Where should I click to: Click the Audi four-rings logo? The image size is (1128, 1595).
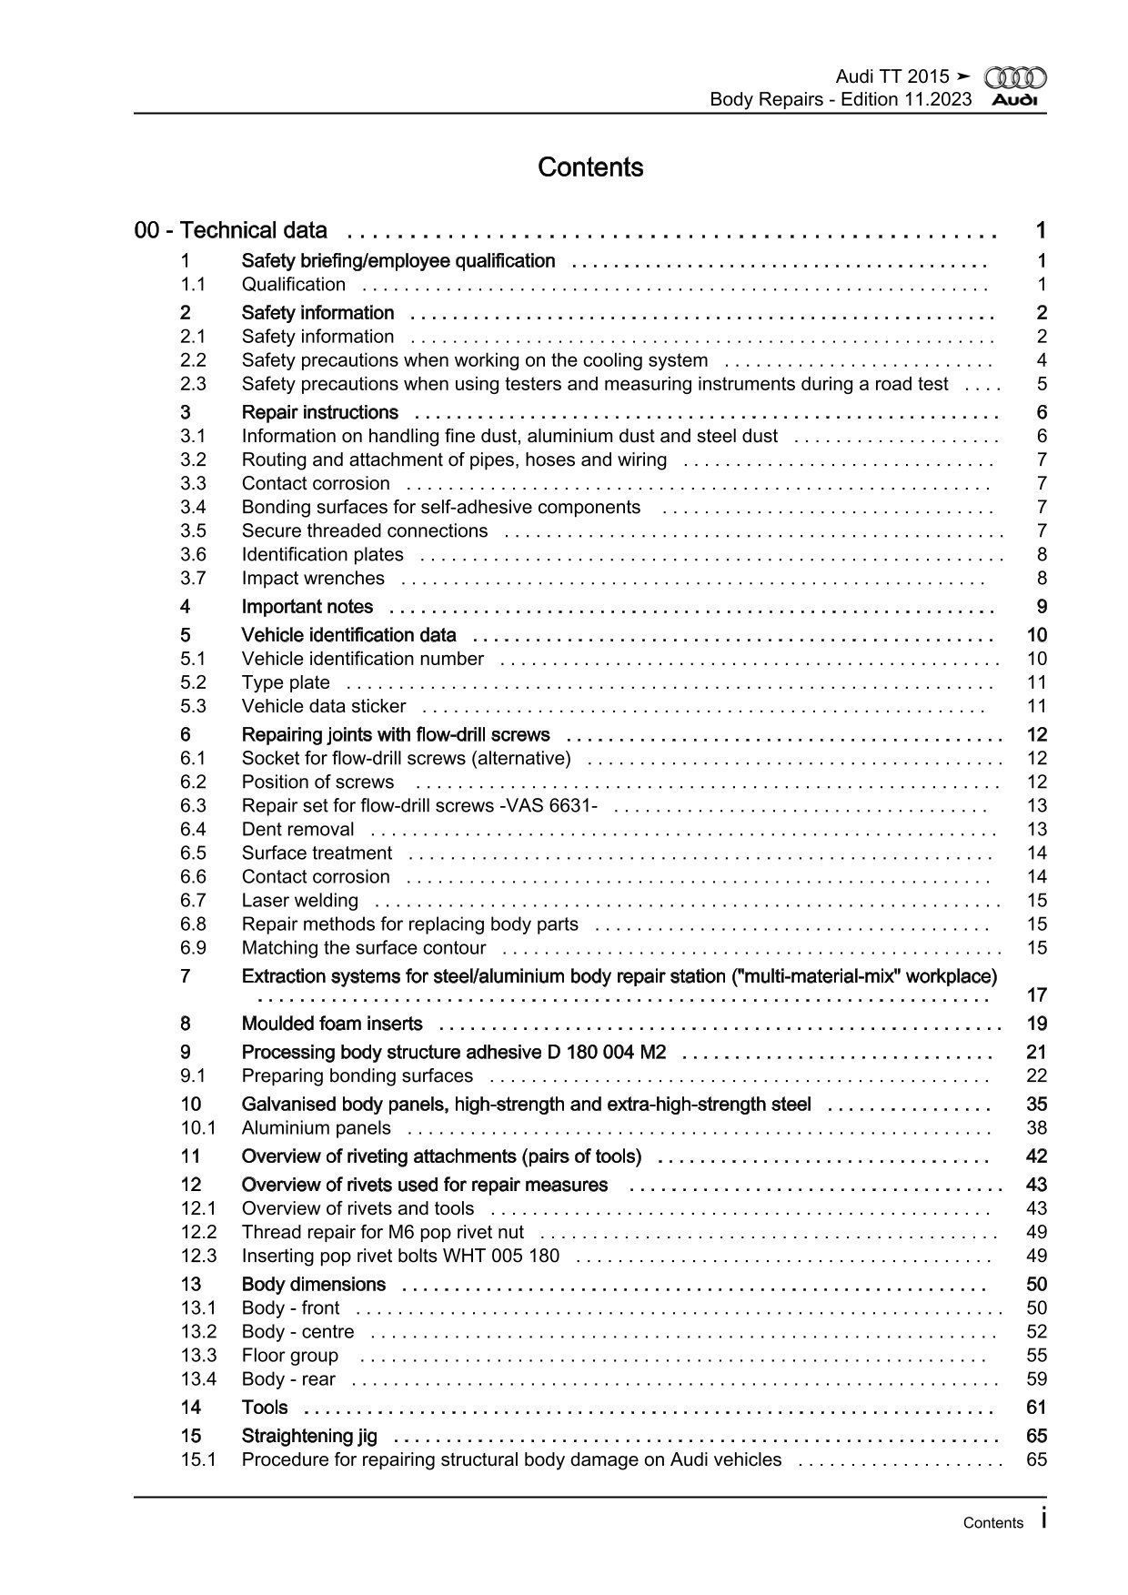point(1015,78)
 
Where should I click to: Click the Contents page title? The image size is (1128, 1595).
point(590,167)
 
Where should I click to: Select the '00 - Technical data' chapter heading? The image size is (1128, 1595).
point(231,230)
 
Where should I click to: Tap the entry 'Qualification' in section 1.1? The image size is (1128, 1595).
point(293,285)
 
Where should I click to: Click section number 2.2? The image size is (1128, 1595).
point(193,360)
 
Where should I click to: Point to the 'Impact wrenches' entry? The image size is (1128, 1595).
point(313,579)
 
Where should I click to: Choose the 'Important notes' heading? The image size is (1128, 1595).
point(307,607)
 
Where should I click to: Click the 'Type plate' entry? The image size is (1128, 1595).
point(286,682)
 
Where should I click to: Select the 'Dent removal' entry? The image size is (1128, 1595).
point(297,830)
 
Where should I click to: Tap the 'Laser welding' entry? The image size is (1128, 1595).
point(299,901)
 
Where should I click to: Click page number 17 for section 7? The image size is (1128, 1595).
point(1036,995)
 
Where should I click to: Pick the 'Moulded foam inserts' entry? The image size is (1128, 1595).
point(332,1024)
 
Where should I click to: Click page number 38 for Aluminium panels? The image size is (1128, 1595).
point(1036,1128)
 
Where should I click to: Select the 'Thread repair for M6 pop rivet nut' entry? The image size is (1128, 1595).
point(382,1232)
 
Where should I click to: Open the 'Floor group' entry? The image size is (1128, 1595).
point(289,1356)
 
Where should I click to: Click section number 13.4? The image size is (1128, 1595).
point(198,1379)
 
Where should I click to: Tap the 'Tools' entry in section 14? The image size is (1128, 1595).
point(265,1408)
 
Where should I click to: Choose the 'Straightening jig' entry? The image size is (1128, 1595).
point(309,1436)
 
